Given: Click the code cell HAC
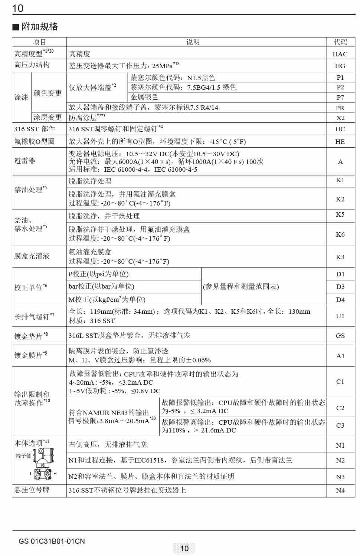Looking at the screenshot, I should tap(340, 54).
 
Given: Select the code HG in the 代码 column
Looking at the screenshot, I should tap(340, 66).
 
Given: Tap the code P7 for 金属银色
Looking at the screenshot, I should tap(340, 98).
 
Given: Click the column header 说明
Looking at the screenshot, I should tap(193, 42).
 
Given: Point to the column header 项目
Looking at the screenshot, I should tap(39, 42).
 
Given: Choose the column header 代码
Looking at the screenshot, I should tap(340, 42).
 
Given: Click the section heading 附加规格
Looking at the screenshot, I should tap(39, 27).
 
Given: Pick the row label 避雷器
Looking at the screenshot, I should tap(25, 161).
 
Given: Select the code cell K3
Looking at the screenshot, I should tap(340, 257).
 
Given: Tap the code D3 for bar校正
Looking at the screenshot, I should tap(340, 287).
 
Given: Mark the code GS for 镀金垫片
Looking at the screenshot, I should tap(340, 336).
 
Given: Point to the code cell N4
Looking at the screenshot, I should tap(340, 490).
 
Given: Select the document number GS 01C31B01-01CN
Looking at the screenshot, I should tap(52, 541).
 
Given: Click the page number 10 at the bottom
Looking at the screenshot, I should tap(184, 548).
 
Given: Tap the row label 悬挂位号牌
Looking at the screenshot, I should tap(32, 490).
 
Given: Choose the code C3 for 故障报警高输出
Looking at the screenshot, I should tap(340, 425).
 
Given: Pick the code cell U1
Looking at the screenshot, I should tap(340, 316).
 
